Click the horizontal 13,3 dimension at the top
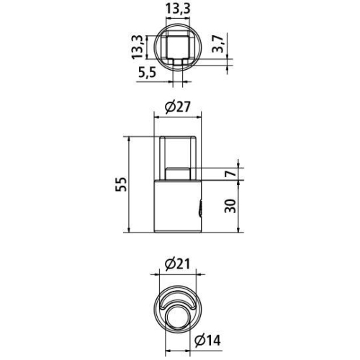click(x=177, y=8)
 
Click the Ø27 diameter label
click(x=177, y=107)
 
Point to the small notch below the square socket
click(x=177, y=64)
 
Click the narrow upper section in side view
click(x=177, y=151)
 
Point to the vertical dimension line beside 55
click(x=129, y=184)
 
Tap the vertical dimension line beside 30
click(x=238, y=207)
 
